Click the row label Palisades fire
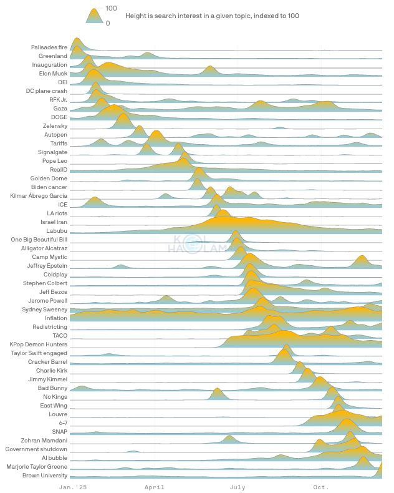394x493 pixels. pyautogui.click(x=49, y=47)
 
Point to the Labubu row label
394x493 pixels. pyautogui.click(x=57, y=231)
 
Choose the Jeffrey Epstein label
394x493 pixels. pyautogui.click(x=47, y=266)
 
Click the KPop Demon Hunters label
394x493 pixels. pyautogui.click(x=39, y=344)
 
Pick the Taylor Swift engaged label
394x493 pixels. pyautogui.click(x=39, y=353)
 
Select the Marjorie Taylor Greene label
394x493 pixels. pyautogui.click(x=37, y=467)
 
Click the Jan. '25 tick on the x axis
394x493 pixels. pyautogui.click(x=73, y=487)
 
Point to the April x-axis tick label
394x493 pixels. pyautogui.click(x=155, y=487)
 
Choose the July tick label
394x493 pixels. pyautogui.click(x=238, y=487)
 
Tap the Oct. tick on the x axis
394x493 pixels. pyautogui.click(x=320, y=487)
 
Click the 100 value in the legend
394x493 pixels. pyautogui.click(x=112, y=8)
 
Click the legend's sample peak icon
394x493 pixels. pyautogui.click(x=94, y=16)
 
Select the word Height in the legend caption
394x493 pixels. pyautogui.click(x=137, y=16)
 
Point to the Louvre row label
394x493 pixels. pyautogui.click(x=58, y=414)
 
